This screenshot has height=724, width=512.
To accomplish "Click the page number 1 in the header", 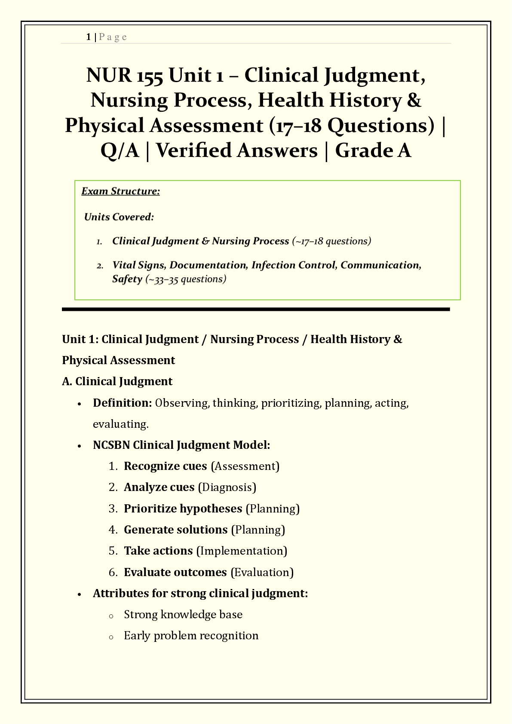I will pos(88,37).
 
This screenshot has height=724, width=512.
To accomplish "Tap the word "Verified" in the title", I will pos(236,150).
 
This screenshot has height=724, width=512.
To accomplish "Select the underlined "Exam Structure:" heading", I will pos(121,191).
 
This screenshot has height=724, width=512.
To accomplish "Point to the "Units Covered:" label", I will pos(119,217).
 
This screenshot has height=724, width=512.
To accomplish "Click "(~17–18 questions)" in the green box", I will pos(331,241).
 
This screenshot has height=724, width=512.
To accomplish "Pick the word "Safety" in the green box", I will pos(127,279).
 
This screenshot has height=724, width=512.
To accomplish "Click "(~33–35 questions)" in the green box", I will pos(186,279).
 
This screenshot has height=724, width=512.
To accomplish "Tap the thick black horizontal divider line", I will pos(256,309).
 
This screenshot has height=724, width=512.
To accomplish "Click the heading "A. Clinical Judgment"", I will pos(117,381).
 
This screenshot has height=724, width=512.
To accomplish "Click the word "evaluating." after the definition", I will pos(121,424).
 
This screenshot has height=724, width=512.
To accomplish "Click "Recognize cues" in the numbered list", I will pos(166,466).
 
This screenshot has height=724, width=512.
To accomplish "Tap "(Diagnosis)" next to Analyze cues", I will pos(227,487).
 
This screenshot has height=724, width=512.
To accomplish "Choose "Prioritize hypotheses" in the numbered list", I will pos(183,509).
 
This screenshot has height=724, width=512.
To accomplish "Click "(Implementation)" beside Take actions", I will pos(242,551).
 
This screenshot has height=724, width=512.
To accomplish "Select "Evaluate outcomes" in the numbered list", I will pos(175,572).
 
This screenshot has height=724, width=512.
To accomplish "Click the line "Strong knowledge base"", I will pos(183,614).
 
